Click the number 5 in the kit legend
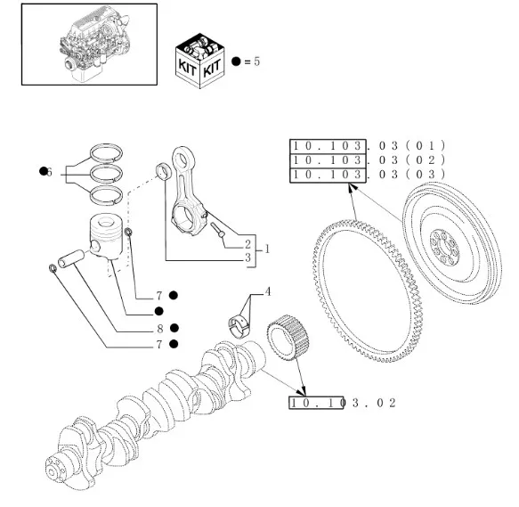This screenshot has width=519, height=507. tap(256, 61)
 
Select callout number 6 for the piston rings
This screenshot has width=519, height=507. tap(49, 171)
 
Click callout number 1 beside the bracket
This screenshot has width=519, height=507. tap(266, 250)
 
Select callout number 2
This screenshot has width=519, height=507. tap(247, 243)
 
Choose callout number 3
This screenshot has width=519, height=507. tap(247, 258)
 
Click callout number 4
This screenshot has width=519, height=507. tap(267, 291)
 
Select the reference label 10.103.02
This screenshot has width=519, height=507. tap(341, 403)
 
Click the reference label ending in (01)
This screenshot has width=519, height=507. tap(366, 145)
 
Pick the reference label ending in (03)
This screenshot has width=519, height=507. tap(366, 174)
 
